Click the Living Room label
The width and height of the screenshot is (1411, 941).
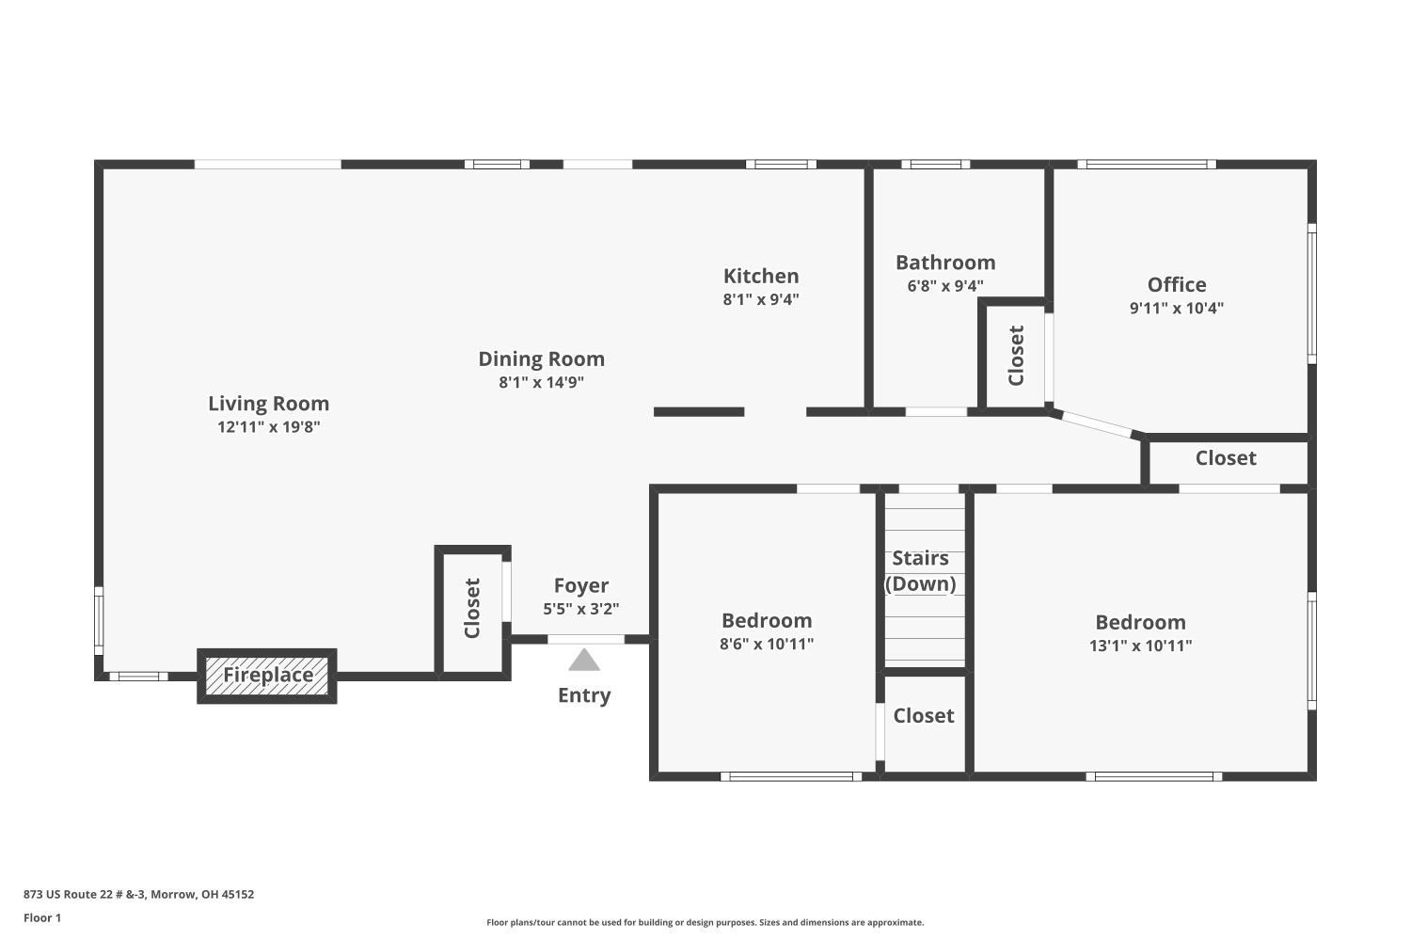click(x=268, y=404)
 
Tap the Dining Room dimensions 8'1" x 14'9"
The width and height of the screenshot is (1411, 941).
click(x=541, y=382)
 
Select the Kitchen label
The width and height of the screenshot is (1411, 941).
click(x=761, y=276)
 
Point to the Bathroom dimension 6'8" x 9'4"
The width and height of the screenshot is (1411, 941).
click(x=944, y=286)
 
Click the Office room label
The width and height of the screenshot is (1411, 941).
click(x=1177, y=285)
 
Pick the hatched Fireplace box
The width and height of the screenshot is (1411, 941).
click(x=267, y=676)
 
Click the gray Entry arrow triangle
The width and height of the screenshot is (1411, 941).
click(x=584, y=660)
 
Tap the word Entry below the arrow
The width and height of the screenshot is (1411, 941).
click(x=584, y=695)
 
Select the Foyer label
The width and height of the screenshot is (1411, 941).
click(x=580, y=585)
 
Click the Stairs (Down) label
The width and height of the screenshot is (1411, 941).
click(x=920, y=571)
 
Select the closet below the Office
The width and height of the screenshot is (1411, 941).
click(x=1225, y=458)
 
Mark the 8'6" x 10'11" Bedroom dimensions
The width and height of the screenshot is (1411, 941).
click(x=767, y=644)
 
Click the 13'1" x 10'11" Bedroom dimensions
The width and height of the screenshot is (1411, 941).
click(x=1140, y=646)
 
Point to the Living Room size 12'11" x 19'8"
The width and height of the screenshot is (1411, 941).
click(x=268, y=426)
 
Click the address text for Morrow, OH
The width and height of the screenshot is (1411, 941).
click(x=138, y=894)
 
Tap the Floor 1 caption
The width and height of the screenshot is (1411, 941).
click(x=42, y=917)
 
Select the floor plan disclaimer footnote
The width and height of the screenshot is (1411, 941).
click(x=705, y=922)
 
